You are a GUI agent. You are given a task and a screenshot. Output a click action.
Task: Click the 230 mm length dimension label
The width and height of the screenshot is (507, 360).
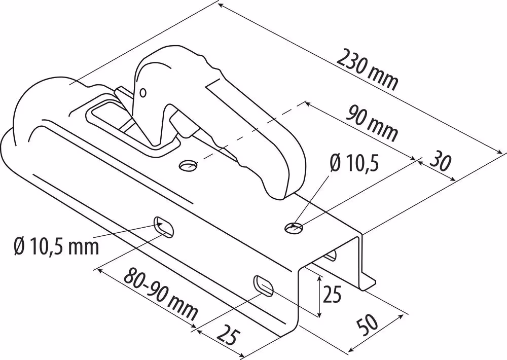pos(367,69)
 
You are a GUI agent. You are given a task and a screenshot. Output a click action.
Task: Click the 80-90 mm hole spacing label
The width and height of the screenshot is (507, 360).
pos(161,293)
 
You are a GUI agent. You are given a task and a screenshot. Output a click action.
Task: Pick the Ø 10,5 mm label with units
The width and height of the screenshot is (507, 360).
pos(56,246)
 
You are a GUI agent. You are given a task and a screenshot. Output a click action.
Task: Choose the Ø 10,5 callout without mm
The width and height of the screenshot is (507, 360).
pos(354,162)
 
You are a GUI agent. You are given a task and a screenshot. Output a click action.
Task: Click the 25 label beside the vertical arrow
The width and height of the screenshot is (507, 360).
pos(332,294)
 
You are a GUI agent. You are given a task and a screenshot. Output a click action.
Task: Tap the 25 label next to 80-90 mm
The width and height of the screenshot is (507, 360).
pos(228,336)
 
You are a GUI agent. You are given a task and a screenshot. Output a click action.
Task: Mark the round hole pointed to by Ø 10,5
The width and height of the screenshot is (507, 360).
pos(294,228)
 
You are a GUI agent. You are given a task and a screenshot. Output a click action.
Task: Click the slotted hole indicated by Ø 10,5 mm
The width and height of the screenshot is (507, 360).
pos(164,227)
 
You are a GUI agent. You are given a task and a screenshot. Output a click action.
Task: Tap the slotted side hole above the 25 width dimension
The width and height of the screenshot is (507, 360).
pos(264,285)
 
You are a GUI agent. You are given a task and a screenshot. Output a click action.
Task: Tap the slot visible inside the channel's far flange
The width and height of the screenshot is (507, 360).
pos(331,256)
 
